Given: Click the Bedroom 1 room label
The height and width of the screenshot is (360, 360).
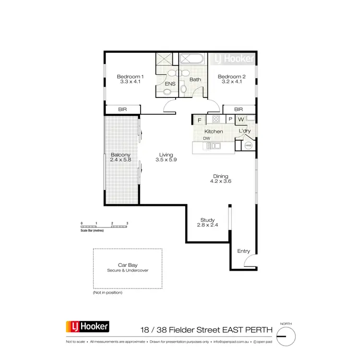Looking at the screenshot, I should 131,76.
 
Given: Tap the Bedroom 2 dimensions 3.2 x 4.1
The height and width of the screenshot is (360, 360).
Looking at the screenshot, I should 231,82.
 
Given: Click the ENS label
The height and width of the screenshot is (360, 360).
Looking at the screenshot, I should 170,84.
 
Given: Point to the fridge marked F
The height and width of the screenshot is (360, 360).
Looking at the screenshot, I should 198,120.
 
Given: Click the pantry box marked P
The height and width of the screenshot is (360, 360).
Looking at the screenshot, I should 230,120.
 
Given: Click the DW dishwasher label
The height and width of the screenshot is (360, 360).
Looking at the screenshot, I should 206,138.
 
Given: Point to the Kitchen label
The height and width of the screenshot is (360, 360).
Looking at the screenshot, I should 214,131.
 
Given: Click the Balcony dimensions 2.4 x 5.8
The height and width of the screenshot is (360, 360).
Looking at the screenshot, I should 120,160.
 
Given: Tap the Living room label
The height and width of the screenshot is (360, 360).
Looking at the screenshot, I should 166,155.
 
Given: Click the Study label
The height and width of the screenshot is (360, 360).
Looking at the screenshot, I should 207,220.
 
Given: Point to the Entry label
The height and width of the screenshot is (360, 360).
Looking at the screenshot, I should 244,251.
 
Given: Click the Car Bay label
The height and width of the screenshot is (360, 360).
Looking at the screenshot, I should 128,265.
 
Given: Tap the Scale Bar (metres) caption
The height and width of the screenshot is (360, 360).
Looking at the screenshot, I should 92,231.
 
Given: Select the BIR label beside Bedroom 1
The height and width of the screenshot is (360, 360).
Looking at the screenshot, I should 122,110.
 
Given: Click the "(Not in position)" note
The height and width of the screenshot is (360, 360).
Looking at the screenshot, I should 108,292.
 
